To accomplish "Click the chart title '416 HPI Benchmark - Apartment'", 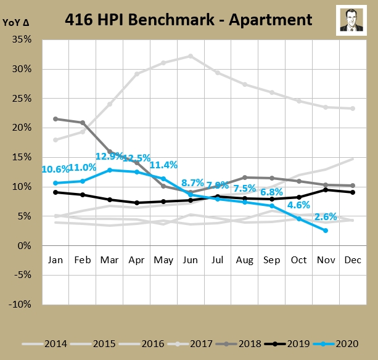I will [x=189, y=20].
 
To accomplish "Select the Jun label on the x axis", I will [x=190, y=260].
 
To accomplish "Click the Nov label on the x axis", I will [x=325, y=260].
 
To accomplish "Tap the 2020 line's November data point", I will [x=326, y=231].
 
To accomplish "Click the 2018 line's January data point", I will [x=56, y=119].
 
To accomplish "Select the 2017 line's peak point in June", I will [x=191, y=55].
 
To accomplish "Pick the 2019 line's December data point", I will [x=352, y=192].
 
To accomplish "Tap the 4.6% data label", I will [x=298, y=205].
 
